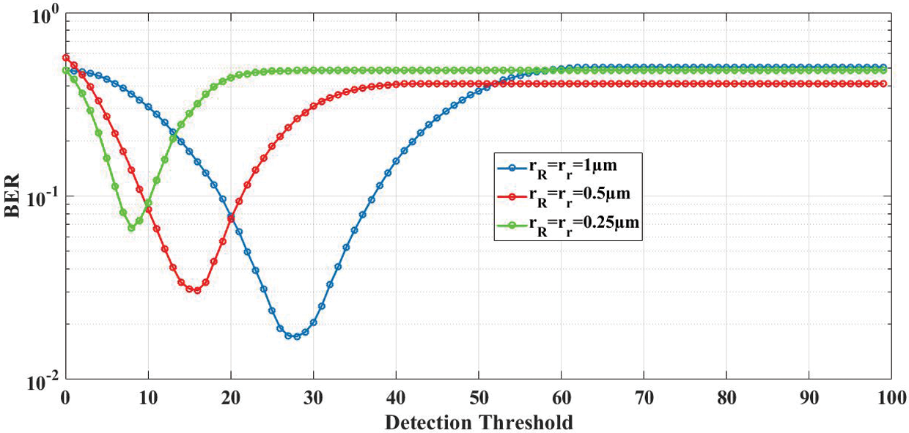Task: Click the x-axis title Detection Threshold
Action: [479, 422]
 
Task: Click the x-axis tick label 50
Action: [479, 400]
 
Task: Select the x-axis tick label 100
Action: [891, 400]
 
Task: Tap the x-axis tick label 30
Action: [314, 400]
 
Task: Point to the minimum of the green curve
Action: [131, 228]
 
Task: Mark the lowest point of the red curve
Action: [194, 290]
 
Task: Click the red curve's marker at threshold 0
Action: [66, 57]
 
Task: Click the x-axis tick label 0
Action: [66, 400]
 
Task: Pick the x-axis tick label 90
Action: [809, 400]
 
